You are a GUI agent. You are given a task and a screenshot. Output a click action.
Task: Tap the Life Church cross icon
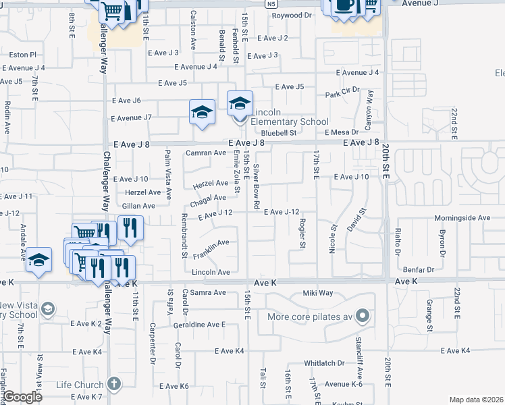[x=115, y=384]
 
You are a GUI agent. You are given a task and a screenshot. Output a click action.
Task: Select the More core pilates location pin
[x=363, y=316]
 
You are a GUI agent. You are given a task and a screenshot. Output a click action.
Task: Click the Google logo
[x=22, y=397]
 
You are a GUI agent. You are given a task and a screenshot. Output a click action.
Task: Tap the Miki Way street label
[x=318, y=293]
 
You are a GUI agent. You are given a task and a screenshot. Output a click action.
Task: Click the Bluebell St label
[x=280, y=134]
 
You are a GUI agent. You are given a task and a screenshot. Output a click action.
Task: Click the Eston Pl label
[x=22, y=54]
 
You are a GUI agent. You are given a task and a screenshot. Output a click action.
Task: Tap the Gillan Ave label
[x=140, y=206]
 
